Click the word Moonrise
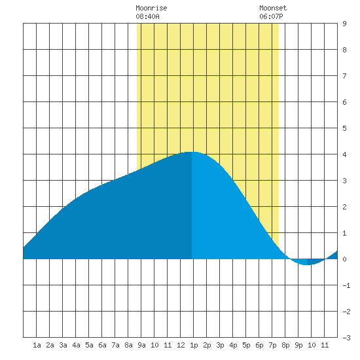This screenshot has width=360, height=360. click(151, 8)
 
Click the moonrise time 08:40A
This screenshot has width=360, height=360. click(147, 16)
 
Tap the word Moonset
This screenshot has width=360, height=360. click(273, 8)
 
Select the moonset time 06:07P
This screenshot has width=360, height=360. click(271, 16)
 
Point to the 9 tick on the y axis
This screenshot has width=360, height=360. click(344, 24)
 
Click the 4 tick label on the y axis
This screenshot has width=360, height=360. click(344, 154)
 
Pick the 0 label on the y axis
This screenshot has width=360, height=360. click(344, 259)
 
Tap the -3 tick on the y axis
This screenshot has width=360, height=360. click(346, 338)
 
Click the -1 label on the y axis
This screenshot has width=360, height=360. click(346, 285)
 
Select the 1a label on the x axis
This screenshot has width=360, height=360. click(37, 345)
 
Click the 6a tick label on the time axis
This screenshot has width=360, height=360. click(102, 345)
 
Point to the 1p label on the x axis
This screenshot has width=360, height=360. click(194, 345)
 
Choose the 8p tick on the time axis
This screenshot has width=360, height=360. click(285, 345)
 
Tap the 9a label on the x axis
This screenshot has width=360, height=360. click(141, 345)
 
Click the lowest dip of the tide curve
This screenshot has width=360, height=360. click(306, 264)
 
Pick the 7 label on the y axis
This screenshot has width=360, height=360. click(344, 76)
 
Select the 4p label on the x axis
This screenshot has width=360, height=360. click(233, 345)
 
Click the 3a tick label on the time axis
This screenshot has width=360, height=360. click(63, 345)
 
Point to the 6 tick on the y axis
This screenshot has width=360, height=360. click(344, 102)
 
